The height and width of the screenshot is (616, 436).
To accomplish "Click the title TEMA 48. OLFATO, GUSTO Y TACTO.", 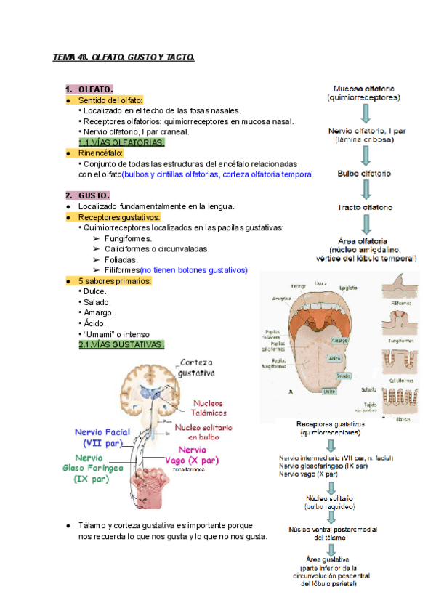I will click(x=124, y=56).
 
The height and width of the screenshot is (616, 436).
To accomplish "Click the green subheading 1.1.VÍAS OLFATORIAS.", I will click(x=121, y=142).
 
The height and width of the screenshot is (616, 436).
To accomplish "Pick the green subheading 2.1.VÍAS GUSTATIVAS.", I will click(x=121, y=345).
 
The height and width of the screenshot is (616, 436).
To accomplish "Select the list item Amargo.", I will click(x=99, y=312).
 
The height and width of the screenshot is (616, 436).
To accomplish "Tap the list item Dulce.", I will click(x=96, y=291).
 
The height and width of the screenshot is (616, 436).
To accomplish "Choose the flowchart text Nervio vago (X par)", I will click(x=309, y=474).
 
